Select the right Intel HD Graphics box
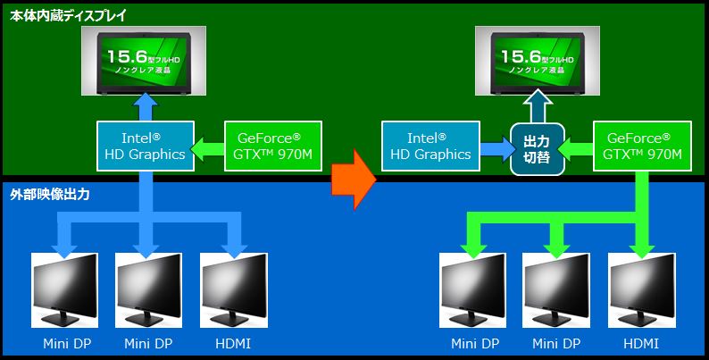pos(426,146)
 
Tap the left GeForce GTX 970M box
pos(269,146)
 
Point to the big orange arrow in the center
pos(352,180)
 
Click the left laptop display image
pos(144,61)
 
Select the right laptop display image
pos(538,61)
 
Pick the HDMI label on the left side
pos(234,344)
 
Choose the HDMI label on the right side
pos(641,344)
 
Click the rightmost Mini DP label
pos(557,344)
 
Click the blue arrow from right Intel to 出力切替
pos(492,147)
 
